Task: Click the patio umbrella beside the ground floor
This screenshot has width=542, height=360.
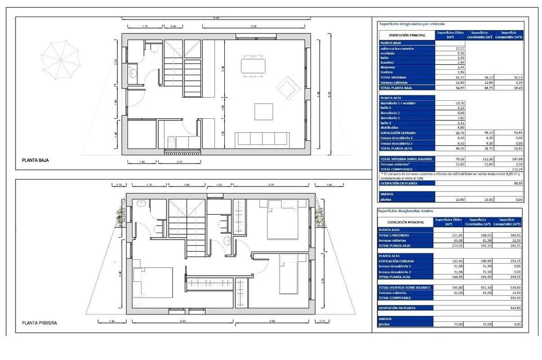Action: tap(60, 58)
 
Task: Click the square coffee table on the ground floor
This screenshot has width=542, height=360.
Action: tap(263, 111)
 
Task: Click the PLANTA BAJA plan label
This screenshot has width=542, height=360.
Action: tap(35, 161)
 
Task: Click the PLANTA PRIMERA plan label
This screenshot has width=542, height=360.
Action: tap(39, 323)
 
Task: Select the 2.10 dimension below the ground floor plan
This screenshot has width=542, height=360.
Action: tap(179, 162)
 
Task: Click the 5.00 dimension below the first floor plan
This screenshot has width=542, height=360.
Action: tap(182, 321)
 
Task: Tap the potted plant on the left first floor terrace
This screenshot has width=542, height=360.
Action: tap(120, 216)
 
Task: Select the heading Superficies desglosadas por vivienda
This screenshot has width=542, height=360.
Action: tap(408, 24)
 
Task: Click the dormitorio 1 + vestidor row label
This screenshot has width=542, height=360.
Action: tap(398, 103)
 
